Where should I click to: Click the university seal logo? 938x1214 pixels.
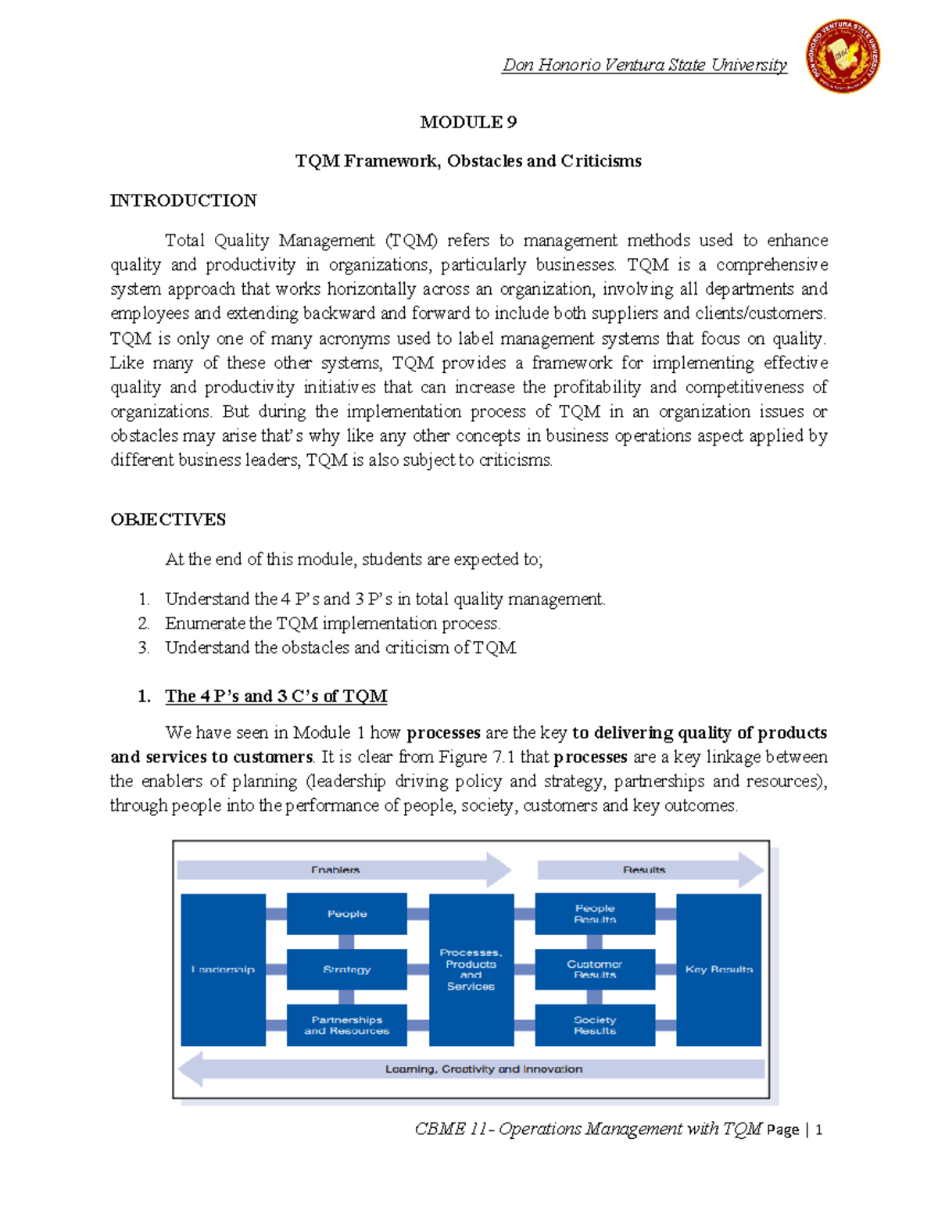click(843, 56)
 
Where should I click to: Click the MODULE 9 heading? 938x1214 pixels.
click(468, 122)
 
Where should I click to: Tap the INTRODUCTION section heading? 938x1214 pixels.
click(184, 201)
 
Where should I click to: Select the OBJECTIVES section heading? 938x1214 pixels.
click(168, 520)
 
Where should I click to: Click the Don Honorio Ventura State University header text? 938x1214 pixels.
click(644, 65)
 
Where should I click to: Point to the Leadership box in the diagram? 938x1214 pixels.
click(223, 969)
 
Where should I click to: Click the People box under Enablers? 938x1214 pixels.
click(347, 914)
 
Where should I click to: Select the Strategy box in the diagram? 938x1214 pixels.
click(347, 969)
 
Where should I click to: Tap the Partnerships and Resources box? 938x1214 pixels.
click(347, 1025)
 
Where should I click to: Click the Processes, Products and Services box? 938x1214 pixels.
click(471, 969)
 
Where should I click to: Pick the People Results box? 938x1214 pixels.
click(595, 914)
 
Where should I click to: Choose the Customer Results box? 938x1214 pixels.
click(595, 969)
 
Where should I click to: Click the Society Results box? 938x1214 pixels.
click(595, 1025)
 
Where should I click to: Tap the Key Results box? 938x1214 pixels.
click(718, 969)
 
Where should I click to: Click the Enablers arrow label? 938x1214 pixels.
click(335, 870)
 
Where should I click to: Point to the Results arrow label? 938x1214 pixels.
click(644, 870)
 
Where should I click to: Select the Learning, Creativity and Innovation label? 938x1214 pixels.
click(483, 1069)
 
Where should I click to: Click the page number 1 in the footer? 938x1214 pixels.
click(818, 1130)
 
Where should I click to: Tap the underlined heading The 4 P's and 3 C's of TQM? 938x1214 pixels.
click(276, 696)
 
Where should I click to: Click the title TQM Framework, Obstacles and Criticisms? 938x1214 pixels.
click(468, 161)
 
